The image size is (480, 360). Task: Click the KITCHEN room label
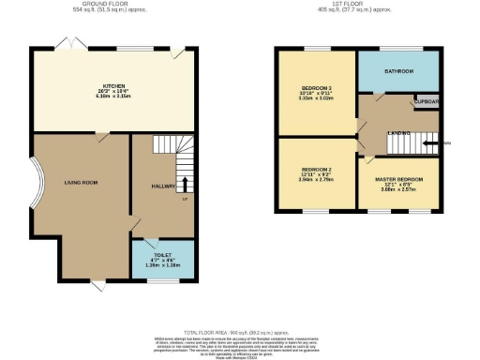(x=114, y=84)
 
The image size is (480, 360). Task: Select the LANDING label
(x=398, y=133)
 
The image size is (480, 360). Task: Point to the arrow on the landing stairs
(x=430, y=143)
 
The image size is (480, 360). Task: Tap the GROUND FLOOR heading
(x=104, y=4)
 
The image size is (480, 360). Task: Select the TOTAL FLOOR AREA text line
(x=239, y=333)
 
